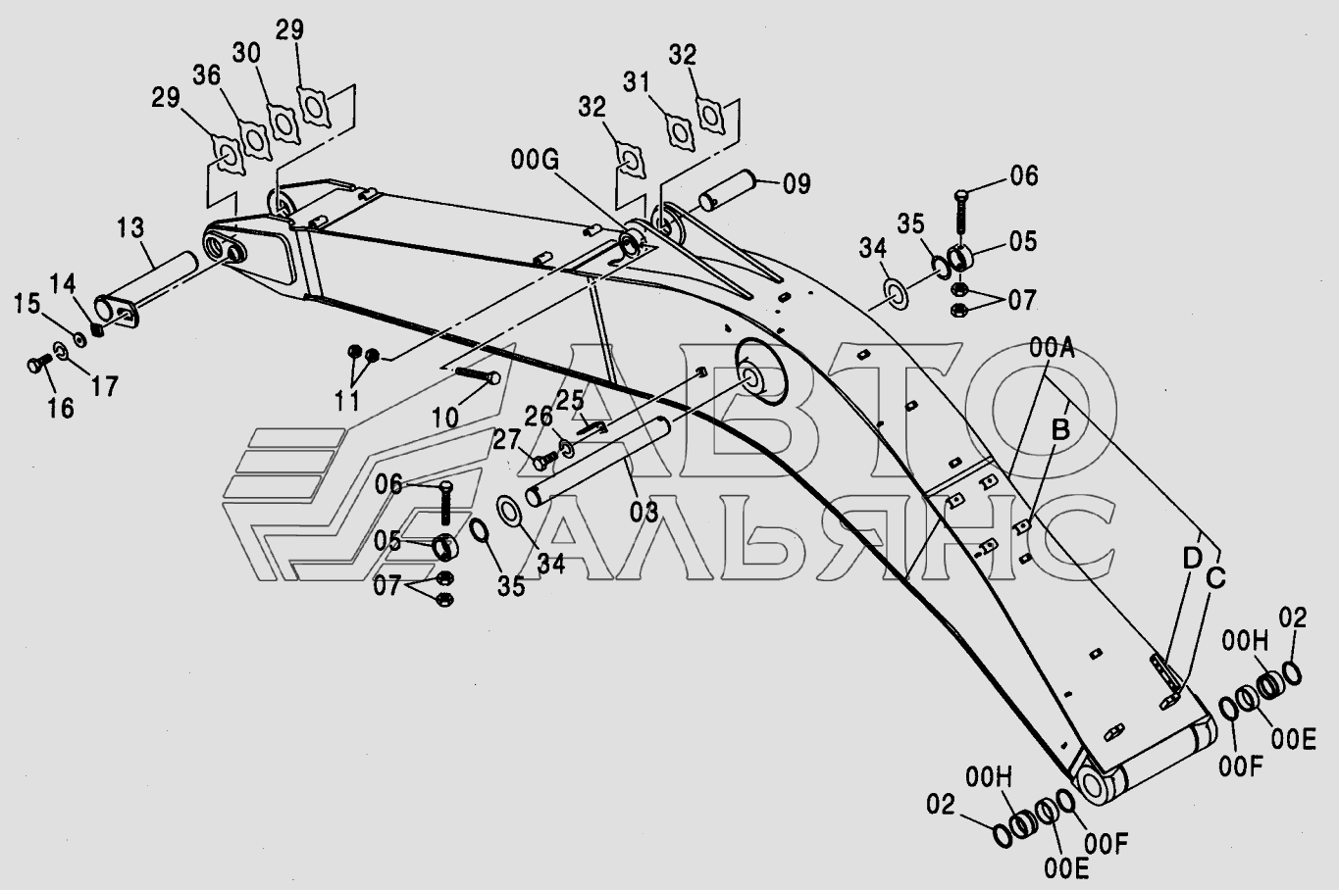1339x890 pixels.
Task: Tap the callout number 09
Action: click(796, 182)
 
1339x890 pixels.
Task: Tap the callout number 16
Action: click(60, 407)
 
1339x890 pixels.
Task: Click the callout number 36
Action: click(205, 75)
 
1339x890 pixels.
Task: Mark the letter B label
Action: click(1059, 429)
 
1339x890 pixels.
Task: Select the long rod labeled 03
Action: click(598, 461)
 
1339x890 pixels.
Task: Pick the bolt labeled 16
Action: click(37, 366)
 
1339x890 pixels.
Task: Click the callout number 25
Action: click(571, 400)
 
